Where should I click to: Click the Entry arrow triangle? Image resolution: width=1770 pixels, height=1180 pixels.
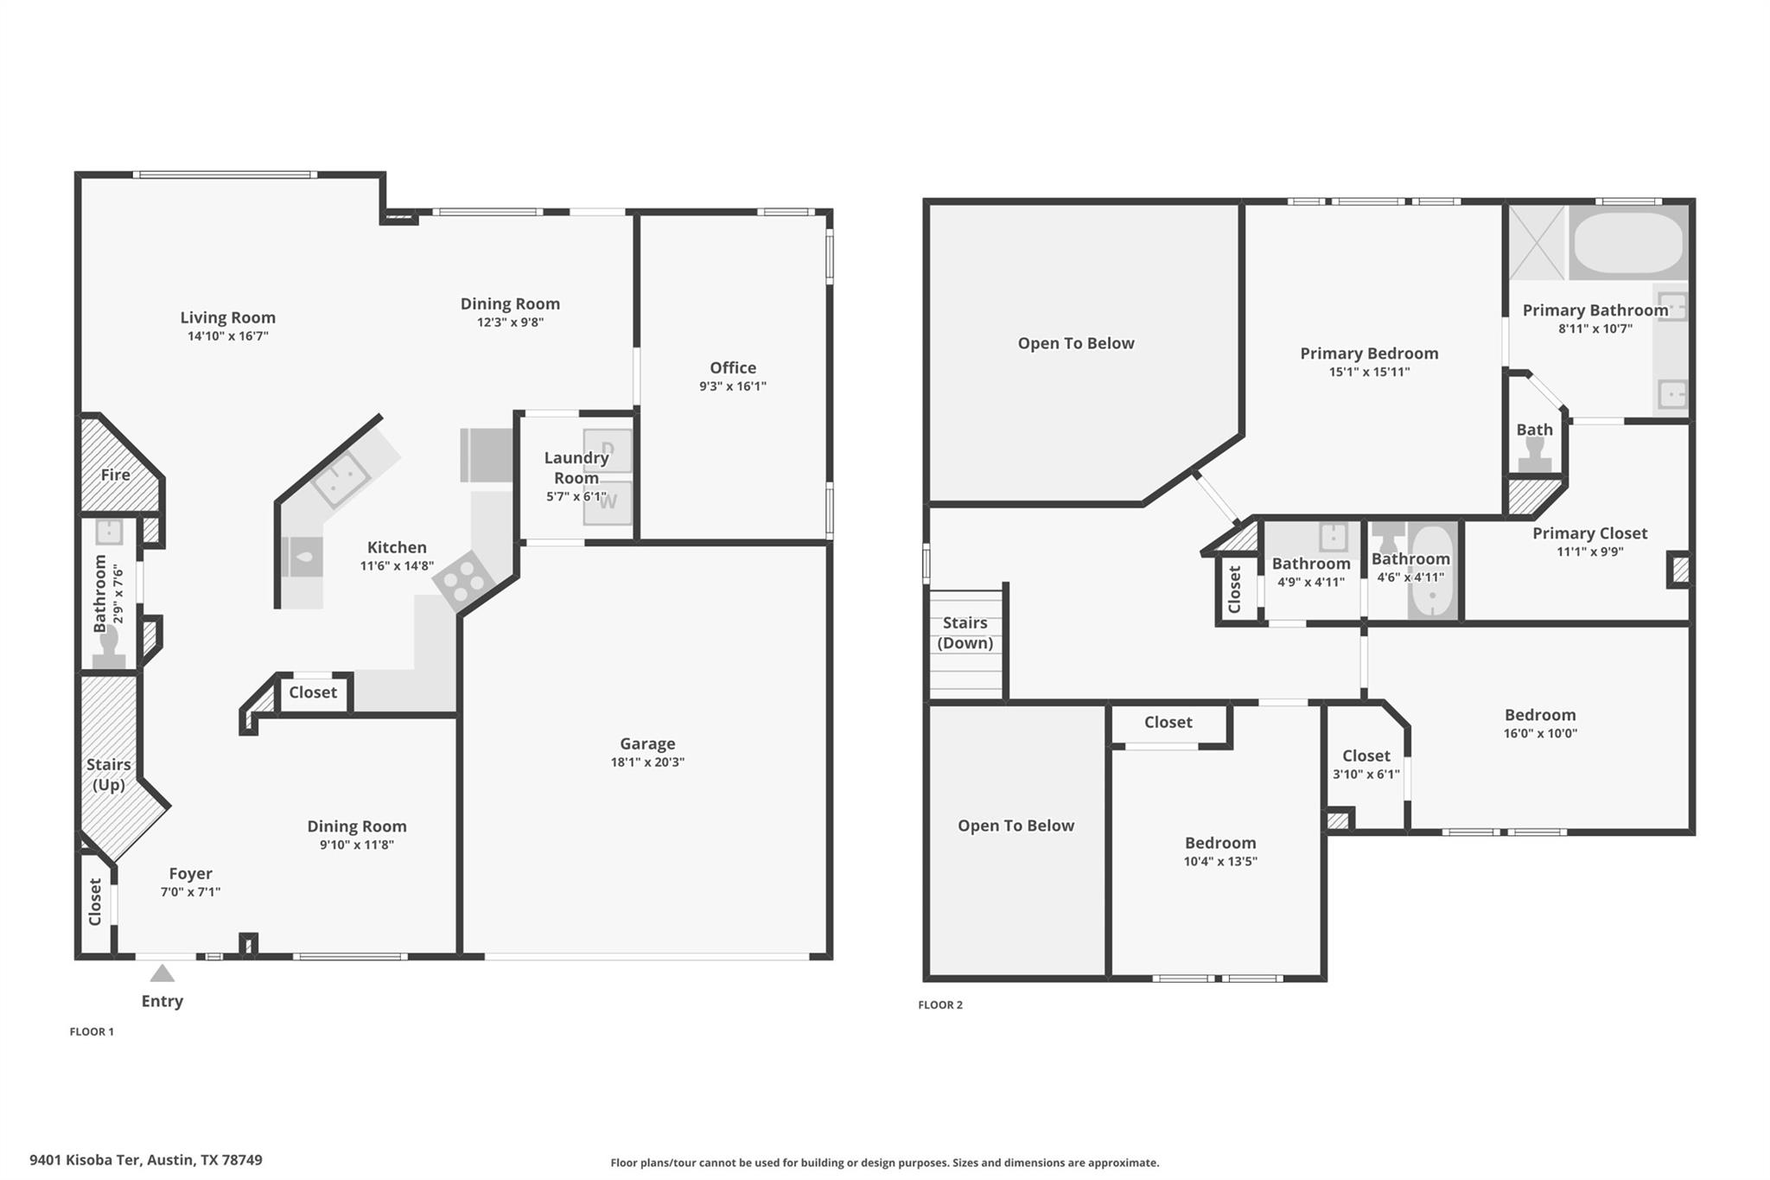point(162,974)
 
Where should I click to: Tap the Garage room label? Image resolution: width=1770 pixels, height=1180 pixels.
point(647,743)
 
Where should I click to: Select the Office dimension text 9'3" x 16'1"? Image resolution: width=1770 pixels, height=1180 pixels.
point(733,386)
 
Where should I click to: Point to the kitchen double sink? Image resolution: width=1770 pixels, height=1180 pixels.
point(341,478)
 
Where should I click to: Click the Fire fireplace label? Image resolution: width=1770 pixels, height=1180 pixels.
point(115,475)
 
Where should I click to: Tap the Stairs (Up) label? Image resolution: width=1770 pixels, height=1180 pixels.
point(109,775)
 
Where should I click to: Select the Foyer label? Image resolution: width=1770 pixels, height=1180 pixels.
point(190,874)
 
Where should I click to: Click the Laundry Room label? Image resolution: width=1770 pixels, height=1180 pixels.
point(576,468)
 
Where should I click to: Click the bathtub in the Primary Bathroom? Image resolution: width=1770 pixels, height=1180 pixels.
point(1627,243)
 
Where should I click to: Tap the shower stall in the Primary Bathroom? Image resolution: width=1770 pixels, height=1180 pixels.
point(1537,243)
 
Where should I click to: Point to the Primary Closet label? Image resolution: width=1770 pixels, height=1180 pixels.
point(1589,533)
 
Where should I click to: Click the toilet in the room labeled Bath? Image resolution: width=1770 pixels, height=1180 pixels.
point(1535,454)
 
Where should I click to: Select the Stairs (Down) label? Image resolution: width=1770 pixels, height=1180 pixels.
point(965,633)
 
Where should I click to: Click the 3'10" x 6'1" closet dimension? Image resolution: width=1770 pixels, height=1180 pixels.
point(1366,775)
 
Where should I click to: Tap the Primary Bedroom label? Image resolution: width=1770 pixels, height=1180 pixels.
point(1369,354)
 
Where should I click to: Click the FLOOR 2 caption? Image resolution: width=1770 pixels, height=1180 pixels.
point(940,1005)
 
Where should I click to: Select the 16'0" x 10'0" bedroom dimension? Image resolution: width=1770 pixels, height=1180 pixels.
point(1540,734)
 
